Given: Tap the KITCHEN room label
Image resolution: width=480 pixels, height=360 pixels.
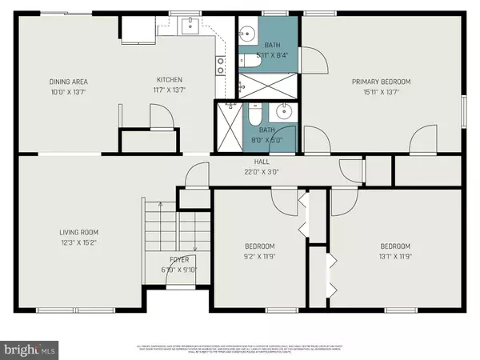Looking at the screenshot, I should [170, 80].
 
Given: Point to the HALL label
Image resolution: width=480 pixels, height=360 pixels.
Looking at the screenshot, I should [262, 161].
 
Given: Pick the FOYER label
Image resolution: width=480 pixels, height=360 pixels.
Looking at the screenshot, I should [178, 260].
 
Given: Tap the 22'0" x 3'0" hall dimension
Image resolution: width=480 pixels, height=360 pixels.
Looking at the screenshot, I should [262, 170].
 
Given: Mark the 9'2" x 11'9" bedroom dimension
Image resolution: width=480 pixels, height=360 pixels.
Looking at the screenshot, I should [259, 256].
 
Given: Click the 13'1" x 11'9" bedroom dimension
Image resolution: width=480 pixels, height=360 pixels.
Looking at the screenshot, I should [394, 256].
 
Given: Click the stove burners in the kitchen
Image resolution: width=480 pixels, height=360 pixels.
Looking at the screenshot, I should [218, 65].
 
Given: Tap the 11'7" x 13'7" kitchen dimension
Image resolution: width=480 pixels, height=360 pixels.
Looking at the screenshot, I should [170, 90].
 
